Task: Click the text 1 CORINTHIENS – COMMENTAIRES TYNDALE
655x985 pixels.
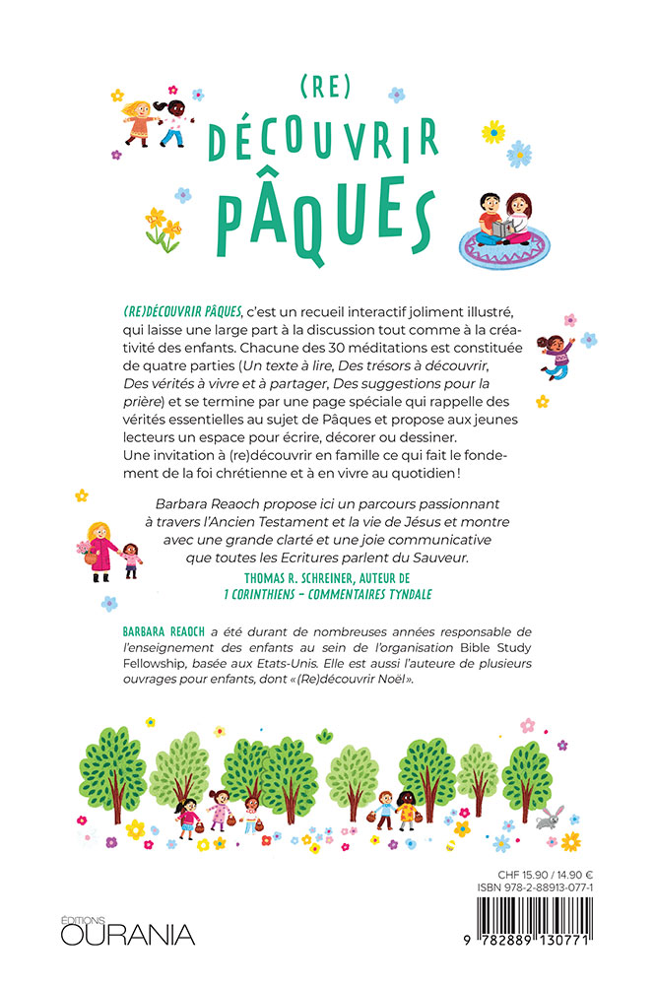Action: click(327, 596)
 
